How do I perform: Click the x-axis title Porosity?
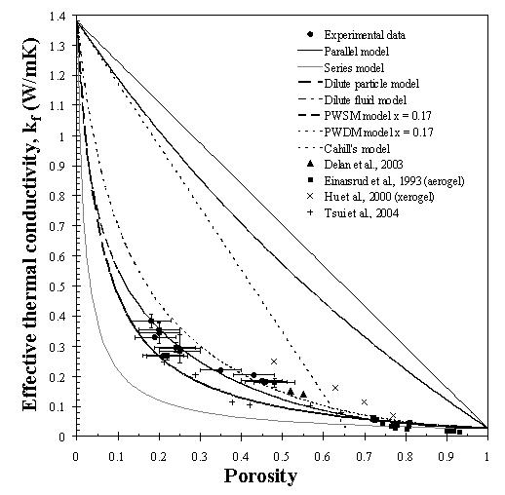pos(260,476)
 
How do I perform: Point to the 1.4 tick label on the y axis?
pos(57,16)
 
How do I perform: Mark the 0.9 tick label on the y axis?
pos(57,166)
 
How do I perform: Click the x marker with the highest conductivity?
pos(274,362)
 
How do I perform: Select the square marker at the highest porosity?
pos(459,432)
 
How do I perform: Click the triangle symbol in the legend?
pos(311,164)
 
